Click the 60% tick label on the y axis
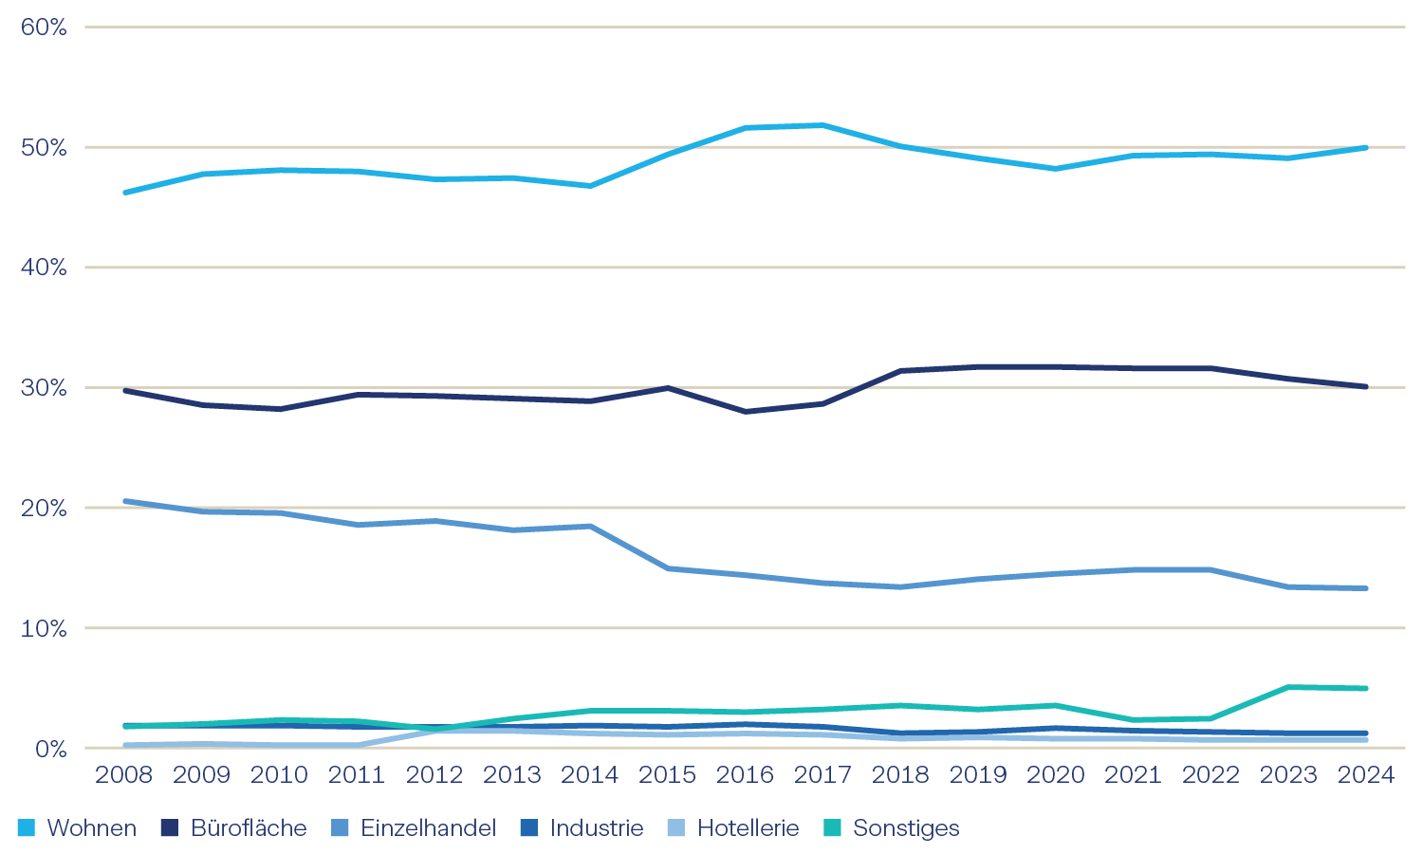click(x=44, y=28)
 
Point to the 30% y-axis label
click(x=44, y=388)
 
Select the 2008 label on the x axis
click(x=124, y=775)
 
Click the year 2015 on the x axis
click(x=668, y=775)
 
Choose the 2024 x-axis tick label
click(x=1365, y=775)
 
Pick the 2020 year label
click(x=1056, y=775)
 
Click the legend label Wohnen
click(x=92, y=828)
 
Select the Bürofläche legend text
click(x=249, y=828)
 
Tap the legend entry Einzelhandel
click(x=429, y=828)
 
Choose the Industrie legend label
click(x=597, y=828)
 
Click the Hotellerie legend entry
click(x=748, y=828)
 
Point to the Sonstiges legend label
click(x=906, y=828)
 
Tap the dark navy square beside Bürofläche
click(x=170, y=828)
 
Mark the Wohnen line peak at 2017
click(x=822, y=125)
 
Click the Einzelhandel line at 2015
click(x=668, y=568)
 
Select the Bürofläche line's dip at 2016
click(x=746, y=412)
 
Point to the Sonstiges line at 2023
click(x=1288, y=687)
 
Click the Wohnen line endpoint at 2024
click(x=1365, y=148)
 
